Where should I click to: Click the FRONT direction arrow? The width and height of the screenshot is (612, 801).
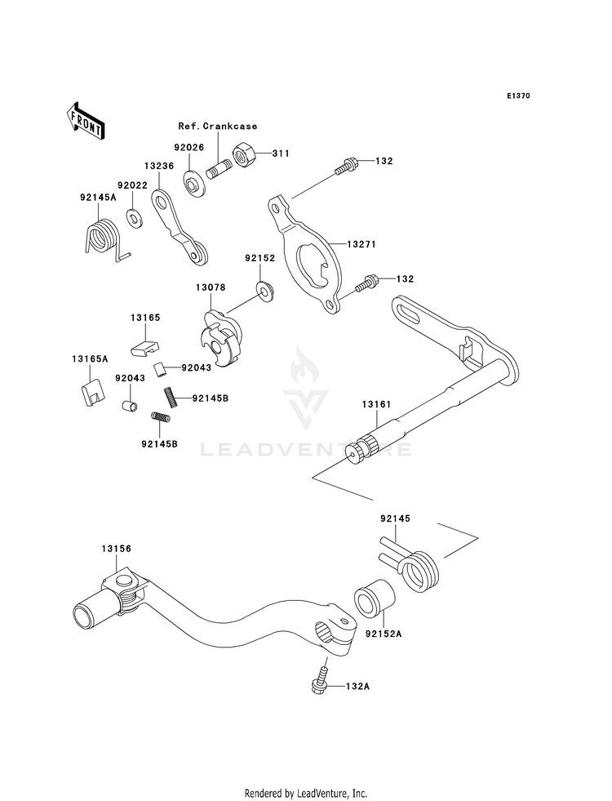85,121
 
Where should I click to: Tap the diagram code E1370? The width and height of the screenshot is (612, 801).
518,96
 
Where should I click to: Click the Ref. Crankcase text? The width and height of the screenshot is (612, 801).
217,127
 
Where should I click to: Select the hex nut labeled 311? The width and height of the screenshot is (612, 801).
243,153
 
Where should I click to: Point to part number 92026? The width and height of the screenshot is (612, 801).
188,148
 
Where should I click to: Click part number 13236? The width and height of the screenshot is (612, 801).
159,166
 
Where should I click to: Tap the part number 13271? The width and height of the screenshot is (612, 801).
361,244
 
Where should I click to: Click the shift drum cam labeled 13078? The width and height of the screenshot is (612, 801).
220,338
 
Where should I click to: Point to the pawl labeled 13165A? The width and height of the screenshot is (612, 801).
94,392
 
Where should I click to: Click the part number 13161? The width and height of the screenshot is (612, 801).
376,405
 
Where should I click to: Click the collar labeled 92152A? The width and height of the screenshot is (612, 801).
375,600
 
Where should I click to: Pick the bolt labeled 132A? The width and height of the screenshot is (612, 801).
320,679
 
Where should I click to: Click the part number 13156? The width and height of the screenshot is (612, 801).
116,550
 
